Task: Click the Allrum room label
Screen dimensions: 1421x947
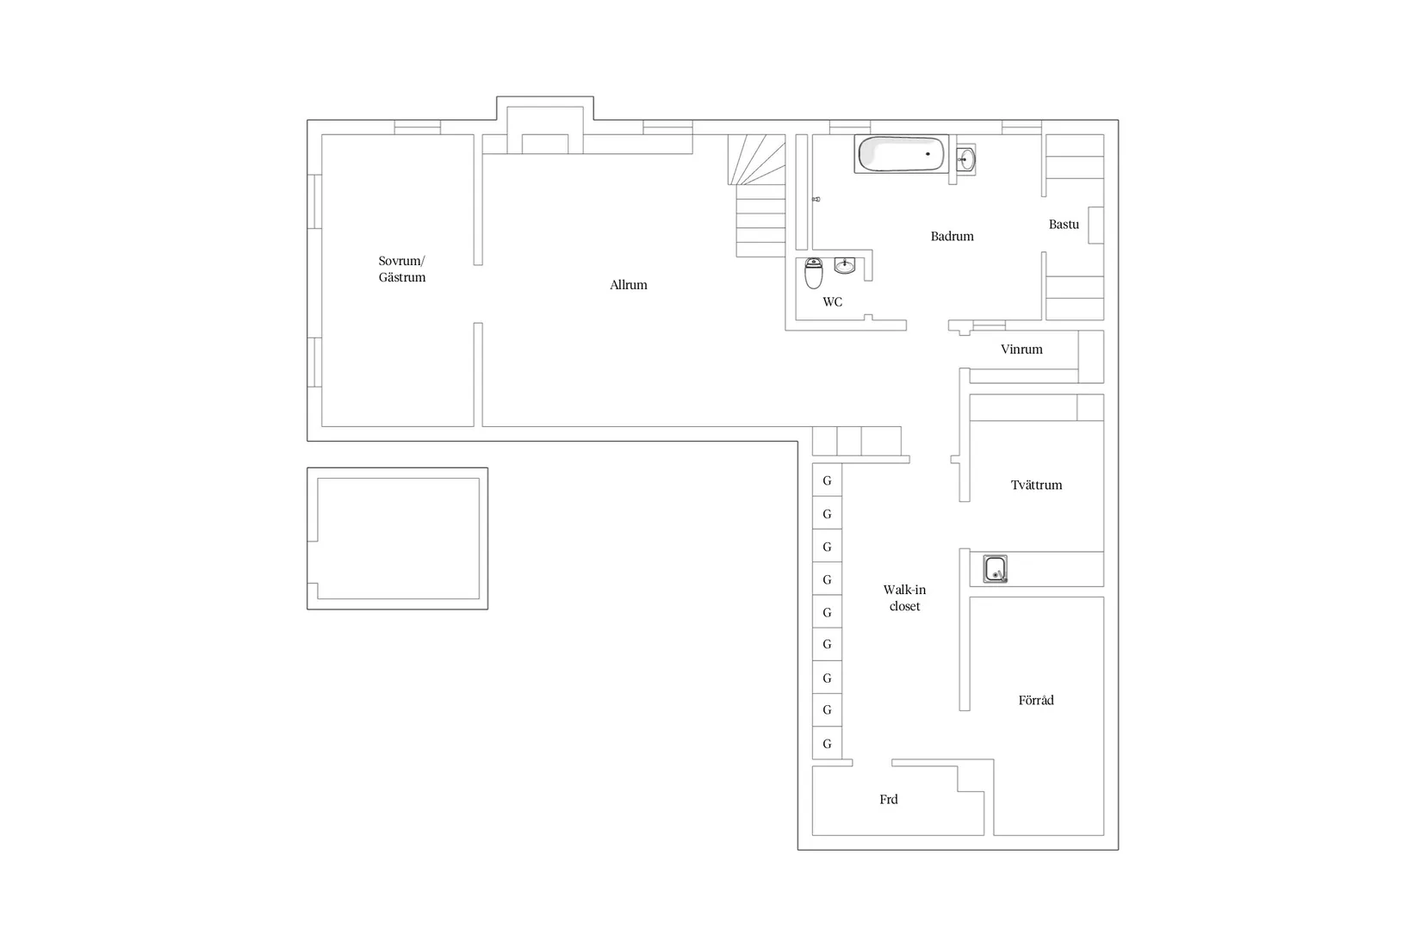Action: [x=628, y=285]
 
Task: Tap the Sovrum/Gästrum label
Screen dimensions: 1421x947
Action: [x=401, y=269]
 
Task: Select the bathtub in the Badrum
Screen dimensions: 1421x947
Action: [x=901, y=153]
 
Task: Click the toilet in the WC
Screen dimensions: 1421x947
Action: [x=813, y=273]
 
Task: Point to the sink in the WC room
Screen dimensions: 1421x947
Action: [x=844, y=265]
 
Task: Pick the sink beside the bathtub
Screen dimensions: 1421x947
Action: [x=965, y=158]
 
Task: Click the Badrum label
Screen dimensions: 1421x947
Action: [x=952, y=237]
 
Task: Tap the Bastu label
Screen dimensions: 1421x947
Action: [x=1064, y=224]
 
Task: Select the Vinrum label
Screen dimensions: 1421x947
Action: [x=1021, y=349]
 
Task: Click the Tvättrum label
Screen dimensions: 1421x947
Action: [x=1036, y=486]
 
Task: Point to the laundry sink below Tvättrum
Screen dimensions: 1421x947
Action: [x=995, y=568]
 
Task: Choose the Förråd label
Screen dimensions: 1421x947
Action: [x=1036, y=700]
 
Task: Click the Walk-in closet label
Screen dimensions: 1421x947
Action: [x=904, y=597]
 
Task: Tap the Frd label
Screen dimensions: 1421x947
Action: [x=888, y=799]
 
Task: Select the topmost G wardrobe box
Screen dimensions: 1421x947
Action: [x=828, y=480]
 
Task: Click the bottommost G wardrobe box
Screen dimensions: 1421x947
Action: [x=828, y=743]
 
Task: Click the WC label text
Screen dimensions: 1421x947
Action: [x=832, y=302]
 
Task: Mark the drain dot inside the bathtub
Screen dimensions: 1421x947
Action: [x=928, y=153]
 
